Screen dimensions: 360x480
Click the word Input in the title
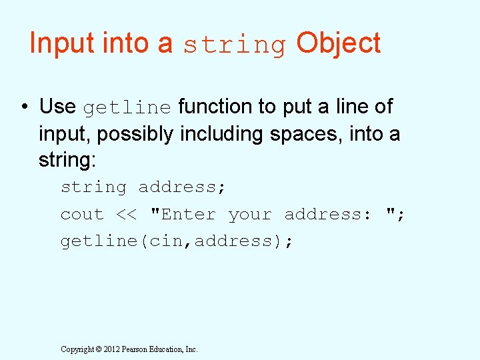click(x=62, y=43)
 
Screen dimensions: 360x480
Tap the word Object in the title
click(x=338, y=43)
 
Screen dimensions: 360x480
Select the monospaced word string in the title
click(x=234, y=45)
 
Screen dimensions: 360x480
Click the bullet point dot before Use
click(x=23, y=107)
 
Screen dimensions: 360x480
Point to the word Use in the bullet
click(x=57, y=107)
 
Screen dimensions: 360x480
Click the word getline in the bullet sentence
click(x=127, y=107)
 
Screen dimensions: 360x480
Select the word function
click(x=215, y=107)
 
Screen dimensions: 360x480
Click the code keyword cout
click(x=82, y=215)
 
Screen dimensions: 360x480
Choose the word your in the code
click(x=250, y=215)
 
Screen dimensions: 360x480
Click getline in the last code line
click(x=99, y=241)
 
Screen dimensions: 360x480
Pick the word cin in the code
click(x=162, y=241)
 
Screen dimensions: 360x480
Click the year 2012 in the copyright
click(x=111, y=349)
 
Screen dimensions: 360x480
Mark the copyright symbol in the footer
click(x=98, y=349)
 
